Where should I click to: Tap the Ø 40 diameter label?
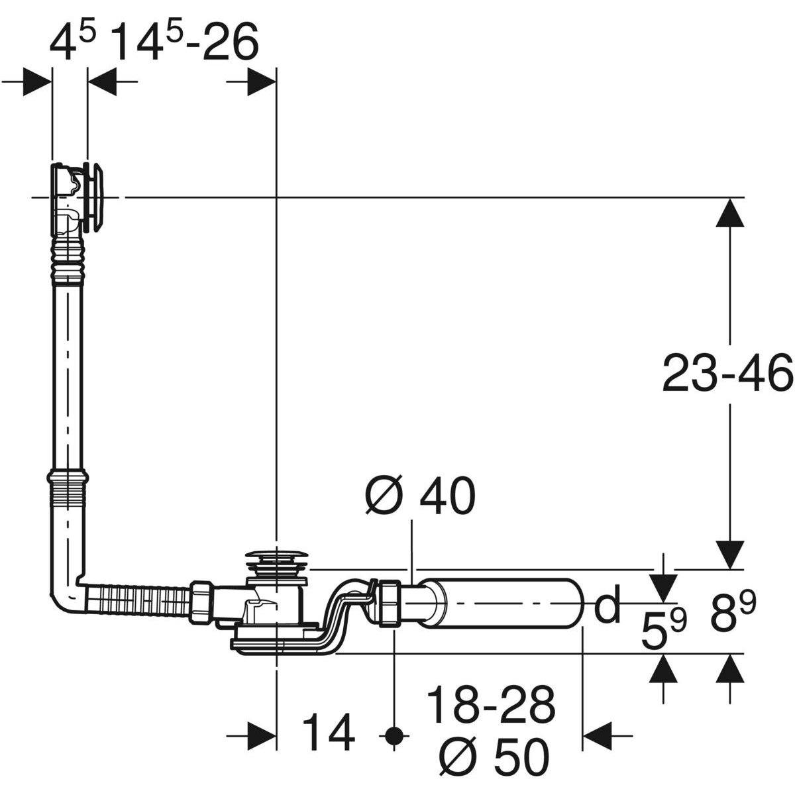click(420, 497)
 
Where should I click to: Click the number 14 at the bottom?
click(329, 734)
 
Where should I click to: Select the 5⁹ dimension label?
click(663, 631)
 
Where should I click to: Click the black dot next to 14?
click(395, 734)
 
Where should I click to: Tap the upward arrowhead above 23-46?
click(730, 213)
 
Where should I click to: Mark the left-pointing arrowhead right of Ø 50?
click(598, 734)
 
